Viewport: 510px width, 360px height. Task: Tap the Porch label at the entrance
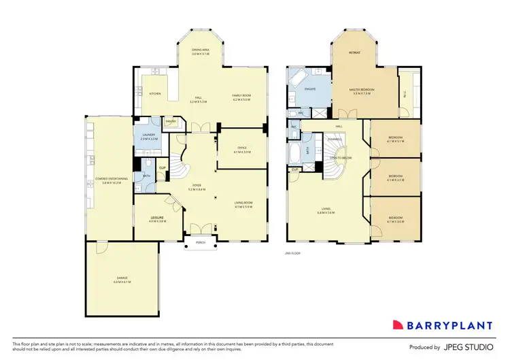click(201, 242)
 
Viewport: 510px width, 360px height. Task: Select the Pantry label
click(171, 122)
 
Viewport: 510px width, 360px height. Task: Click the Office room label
click(242, 149)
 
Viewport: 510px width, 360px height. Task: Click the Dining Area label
click(200, 51)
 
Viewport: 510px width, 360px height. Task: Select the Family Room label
click(242, 98)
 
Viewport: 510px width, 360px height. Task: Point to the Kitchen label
click(155, 93)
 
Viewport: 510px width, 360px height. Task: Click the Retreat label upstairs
click(354, 52)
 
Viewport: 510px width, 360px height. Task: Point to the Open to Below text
click(340, 157)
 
